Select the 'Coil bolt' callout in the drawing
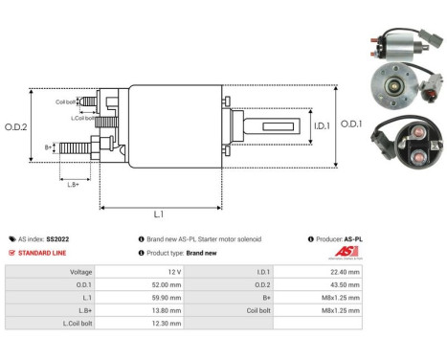click(66, 101)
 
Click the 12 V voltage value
click(168, 271)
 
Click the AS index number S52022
click(57, 238)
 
